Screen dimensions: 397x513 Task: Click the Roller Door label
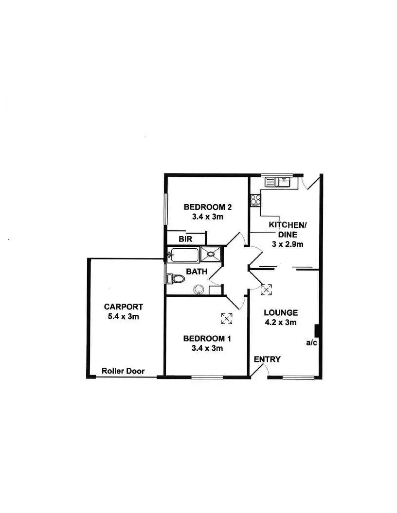(x=123, y=371)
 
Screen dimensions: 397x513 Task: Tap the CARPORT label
(x=124, y=307)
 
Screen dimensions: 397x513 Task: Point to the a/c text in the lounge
(x=311, y=343)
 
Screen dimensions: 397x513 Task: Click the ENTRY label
(x=267, y=359)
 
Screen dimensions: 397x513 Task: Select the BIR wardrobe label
(x=185, y=239)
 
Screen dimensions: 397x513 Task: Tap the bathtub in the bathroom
(x=183, y=254)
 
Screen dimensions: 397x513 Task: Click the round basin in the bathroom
(x=198, y=290)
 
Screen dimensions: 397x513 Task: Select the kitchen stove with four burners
(x=255, y=200)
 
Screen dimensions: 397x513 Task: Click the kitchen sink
(x=277, y=182)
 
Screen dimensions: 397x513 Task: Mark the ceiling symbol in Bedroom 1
(x=227, y=319)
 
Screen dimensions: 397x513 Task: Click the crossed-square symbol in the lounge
(x=266, y=290)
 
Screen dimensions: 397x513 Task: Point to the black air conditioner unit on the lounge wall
(x=316, y=331)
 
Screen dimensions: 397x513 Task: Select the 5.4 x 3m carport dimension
(x=124, y=316)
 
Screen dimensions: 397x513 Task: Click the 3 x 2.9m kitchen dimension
(x=288, y=244)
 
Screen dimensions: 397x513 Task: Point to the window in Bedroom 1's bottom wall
(x=207, y=377)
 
